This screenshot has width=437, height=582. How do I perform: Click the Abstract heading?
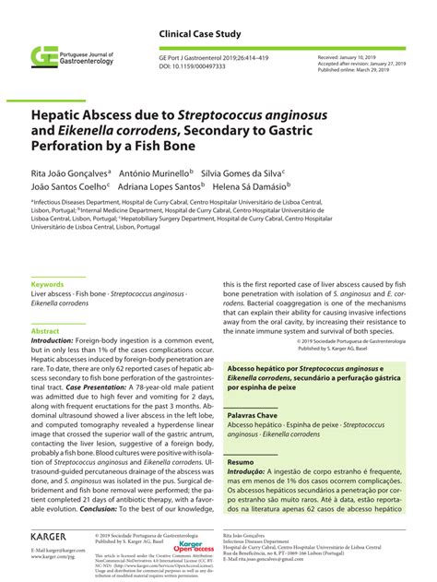click(45, 330)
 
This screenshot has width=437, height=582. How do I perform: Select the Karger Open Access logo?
click(195, 547)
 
